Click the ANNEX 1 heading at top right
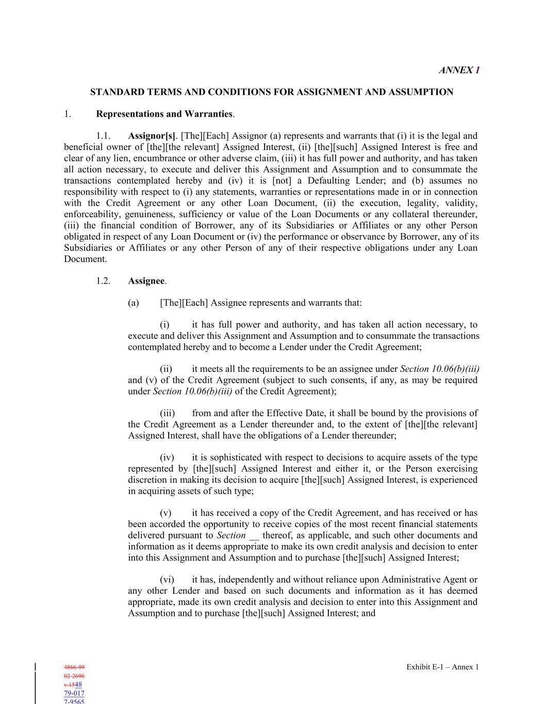point(459,70)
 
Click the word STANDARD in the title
point(113,92)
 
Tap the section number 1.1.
point(103,136)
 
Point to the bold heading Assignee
point(146,281)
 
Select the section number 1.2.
point(103,281)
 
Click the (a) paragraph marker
point(134,303)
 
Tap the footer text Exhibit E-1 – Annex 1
point(442,667)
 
